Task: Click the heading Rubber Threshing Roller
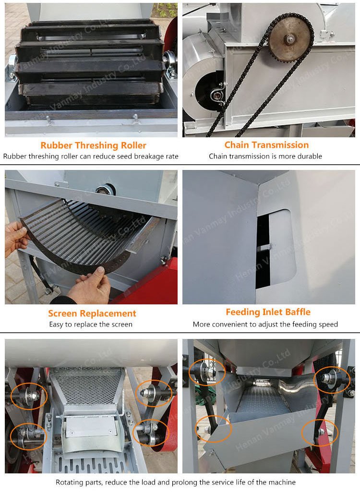pos(93,145)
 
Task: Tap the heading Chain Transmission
pos(266,145)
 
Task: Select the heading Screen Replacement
pos(92,314)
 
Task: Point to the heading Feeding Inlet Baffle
pos(268,312)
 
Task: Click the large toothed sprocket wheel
pos(290,36)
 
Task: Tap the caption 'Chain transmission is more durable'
pos(265,156)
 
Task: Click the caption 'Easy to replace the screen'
pos(91,324)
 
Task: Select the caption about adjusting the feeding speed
pos(265,324)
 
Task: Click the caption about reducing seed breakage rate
pos(91,156)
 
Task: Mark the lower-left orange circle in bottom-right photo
pos(213,429)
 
